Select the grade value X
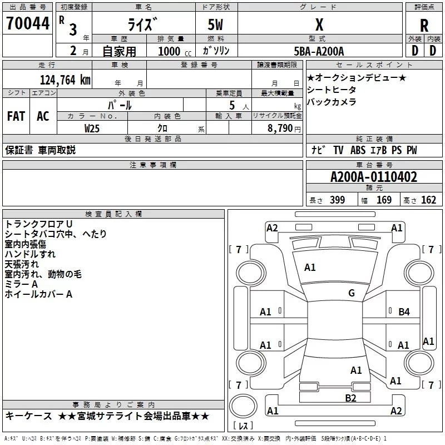[x=319, y=24]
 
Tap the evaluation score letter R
[x=424, y=26]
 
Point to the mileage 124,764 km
[x=65, y=79]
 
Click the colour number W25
[x=92, y=128]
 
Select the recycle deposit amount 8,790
[x=280, y=128]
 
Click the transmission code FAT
[x=16, y=116]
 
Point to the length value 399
[x=337, y=200]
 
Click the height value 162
[x=428, y=200]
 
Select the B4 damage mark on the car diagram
[x=404, y=312]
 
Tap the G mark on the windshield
[x=352, y=293]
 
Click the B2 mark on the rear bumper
[x=350, y=398]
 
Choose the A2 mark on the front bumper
[x=272, y=228]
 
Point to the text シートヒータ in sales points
[x=332, y=90]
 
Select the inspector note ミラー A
[x=21, y=284]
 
